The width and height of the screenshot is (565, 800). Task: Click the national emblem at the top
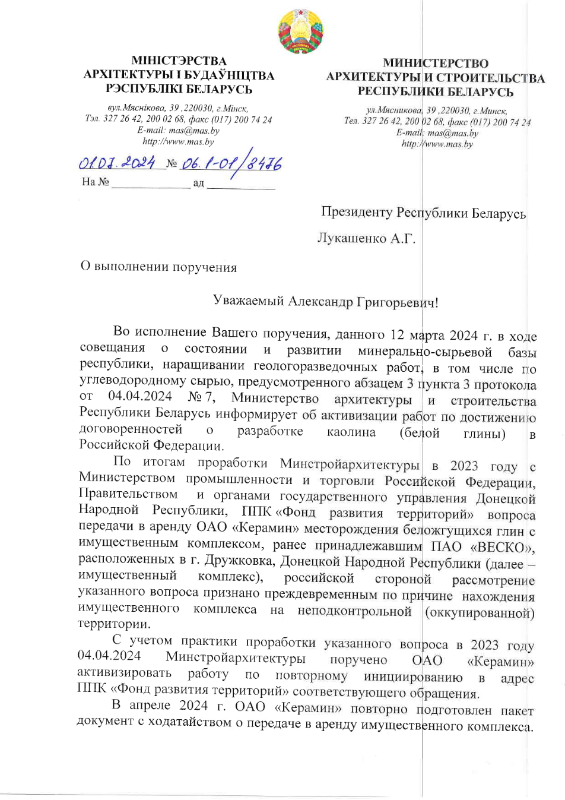coord(301,31)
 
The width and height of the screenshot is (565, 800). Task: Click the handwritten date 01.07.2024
coord(118,162)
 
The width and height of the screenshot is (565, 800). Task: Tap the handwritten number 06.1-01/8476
coord(231,163)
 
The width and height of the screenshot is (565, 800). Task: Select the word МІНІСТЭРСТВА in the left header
coord(179,61)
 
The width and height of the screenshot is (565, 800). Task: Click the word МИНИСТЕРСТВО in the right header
coord(436,63)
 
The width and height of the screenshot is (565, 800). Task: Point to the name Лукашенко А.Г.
coord(366,238)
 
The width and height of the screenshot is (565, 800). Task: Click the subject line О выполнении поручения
coord(158,267)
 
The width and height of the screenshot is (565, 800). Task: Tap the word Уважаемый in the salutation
coord(248,301)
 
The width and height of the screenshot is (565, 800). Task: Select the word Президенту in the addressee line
coord(356,212)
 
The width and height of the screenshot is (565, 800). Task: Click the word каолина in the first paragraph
coord(351,432)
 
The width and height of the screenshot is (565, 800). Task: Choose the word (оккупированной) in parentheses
coord(480,612)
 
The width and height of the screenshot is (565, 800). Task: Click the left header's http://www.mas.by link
coord(178,141)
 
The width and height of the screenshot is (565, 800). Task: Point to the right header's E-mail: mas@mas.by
coord(437,133)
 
